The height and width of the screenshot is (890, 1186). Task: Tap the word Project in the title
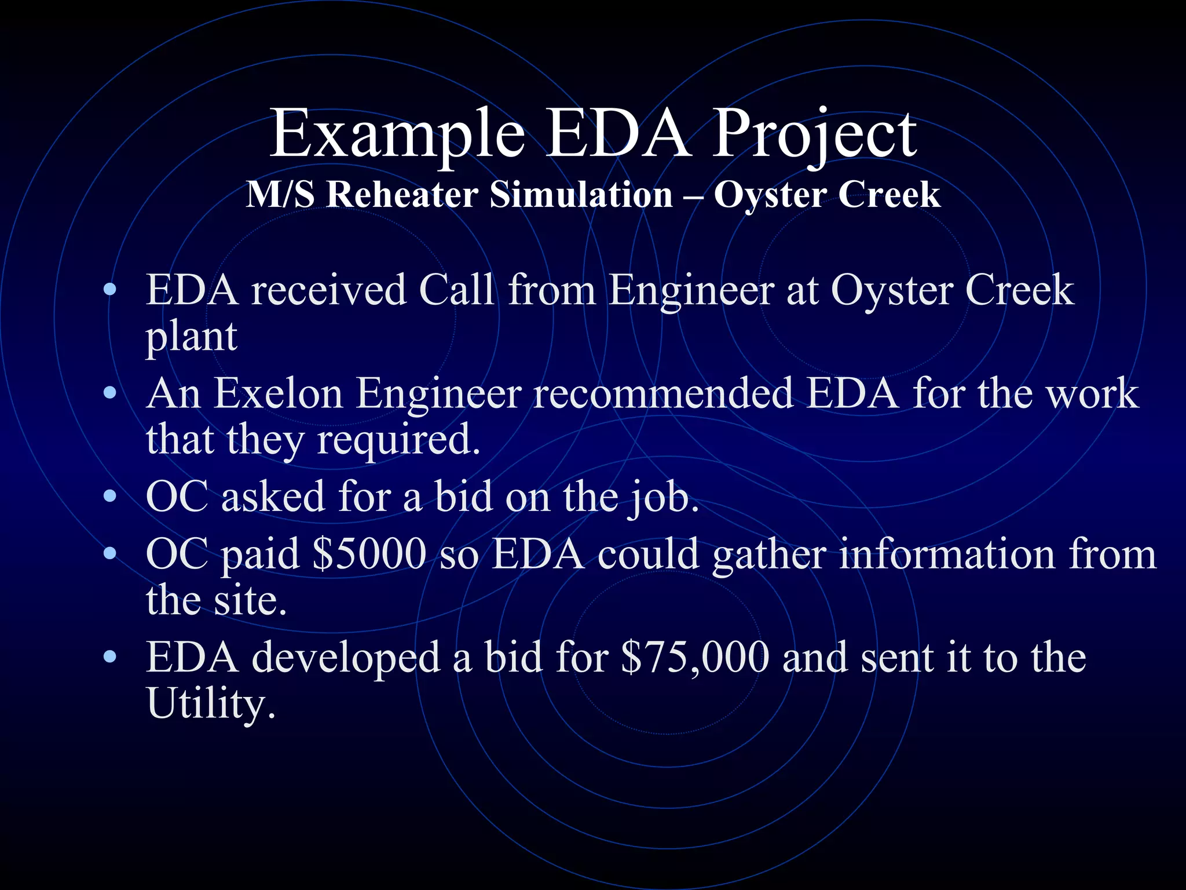pyautogui.click(x=814, y=134)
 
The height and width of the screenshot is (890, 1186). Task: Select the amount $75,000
pyautogui.click(x=695, y=658)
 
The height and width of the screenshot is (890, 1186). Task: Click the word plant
pyautogui.click(x=191, y=336)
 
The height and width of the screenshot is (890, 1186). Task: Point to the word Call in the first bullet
pyautogui.click(x=456, y=290)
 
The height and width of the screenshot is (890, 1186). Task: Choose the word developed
pyautogui.click(x=346, y=658)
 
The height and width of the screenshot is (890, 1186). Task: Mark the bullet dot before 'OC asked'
pyautogui.click(x=109, y=497)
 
